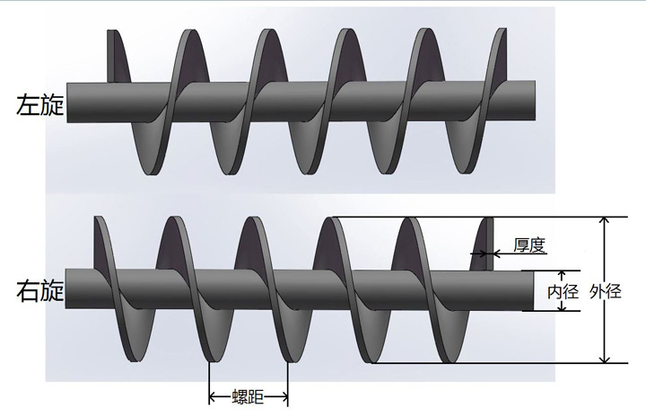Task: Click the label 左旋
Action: point(40,105)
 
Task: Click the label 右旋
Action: point(40,290)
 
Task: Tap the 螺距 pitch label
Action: point(248,397)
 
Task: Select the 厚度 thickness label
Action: point(529,245)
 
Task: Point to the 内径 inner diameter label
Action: point(563,292)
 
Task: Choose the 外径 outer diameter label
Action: point(606,292)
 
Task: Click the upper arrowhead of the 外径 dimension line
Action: point(604,222)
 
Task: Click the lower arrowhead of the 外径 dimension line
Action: point(604,358)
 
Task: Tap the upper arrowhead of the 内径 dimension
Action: point(562,275)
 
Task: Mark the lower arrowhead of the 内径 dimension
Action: point(562,306)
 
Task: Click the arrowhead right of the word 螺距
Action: point(284,397)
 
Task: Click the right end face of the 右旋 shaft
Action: point(529,291)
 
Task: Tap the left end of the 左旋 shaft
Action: point(67,103)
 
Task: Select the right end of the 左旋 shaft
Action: point(535,101)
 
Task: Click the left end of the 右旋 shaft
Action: point(66,289)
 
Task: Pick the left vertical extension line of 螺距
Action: point(209,383)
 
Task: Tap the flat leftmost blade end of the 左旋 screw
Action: point(110,56)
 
